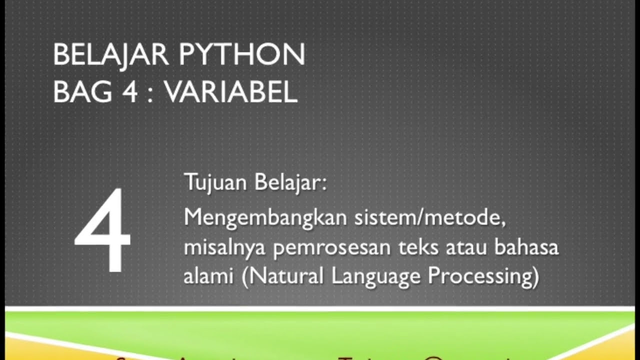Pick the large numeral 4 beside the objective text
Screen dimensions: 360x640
point(102,231)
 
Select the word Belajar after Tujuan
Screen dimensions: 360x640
point(290,183)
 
